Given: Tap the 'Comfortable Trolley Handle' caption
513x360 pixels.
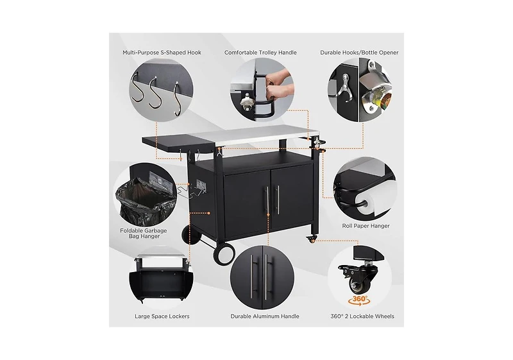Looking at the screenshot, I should (260, 53).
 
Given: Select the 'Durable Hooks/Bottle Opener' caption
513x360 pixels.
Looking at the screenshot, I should (359, 53).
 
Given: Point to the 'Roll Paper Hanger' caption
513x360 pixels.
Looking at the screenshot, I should (366, 226).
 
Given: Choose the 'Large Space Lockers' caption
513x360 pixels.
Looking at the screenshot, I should (162, 316).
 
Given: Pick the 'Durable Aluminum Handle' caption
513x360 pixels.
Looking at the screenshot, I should (265, 316).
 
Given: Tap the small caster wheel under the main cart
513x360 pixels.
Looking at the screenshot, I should (312, 239).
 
